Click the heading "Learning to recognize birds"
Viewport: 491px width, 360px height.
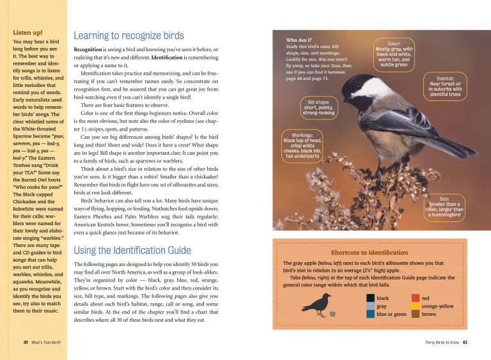(x=129, y=36)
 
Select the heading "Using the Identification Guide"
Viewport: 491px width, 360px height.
(x=132, y=250)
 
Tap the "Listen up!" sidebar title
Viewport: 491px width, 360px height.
(x=28, y=32)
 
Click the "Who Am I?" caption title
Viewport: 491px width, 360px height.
(x=299, y=40)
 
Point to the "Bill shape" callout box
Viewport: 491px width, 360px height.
(x=318, y=107)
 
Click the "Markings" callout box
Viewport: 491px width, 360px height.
(x=302, y=145)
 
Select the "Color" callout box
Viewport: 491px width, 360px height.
(x=394, y=54)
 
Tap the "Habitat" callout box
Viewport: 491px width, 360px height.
(x=445, y=86)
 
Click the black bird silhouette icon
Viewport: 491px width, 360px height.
(x=318, y=304)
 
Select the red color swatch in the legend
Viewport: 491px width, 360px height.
(x=416, y=298)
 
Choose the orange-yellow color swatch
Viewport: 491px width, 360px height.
(x=416, y=306)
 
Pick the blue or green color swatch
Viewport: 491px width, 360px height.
(x=371, y=314)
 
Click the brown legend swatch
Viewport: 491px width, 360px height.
(x=416, y=314)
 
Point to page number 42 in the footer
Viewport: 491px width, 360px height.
(x=26, y=342)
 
